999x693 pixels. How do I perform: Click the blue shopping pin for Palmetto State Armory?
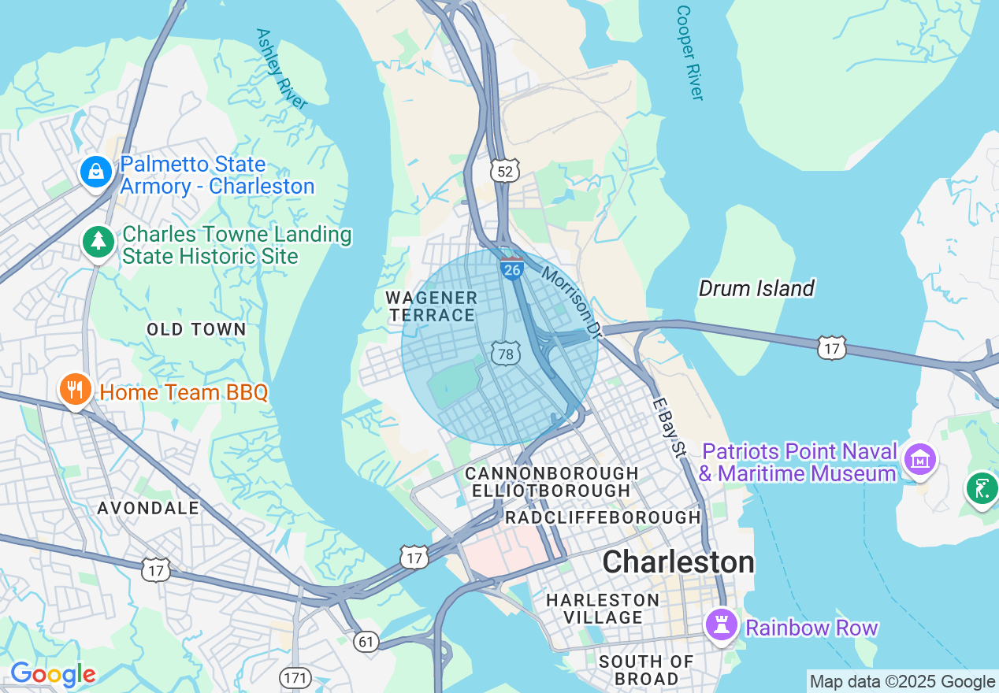[x=95, y=170]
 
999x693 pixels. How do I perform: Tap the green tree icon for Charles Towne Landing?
[x=98, y=241]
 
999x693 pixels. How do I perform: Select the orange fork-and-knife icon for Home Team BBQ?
[x=75, y=389]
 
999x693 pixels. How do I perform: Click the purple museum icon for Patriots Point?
[x=920, y=458]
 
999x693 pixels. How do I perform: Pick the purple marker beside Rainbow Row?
[x=720, y=625]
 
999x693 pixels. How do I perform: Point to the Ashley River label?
[x=280, y=69]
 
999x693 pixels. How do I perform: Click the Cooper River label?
[x=689, y=53]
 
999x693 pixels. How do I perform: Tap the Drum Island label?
[x=756, y=288]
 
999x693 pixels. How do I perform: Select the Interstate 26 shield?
[x=512, y=269]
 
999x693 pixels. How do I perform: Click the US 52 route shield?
[x=505, y=171]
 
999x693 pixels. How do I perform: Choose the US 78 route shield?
[x=506, y=354]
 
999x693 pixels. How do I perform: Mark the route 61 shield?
[x=366, y=642]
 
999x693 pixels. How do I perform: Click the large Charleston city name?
[x=678, y=562]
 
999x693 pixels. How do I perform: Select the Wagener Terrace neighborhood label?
[x=431, y=306]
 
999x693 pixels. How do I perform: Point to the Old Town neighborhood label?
[x=196, y=329]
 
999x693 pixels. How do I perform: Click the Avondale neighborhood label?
[x=148, y=508]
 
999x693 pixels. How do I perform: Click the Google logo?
[x=53, y=675]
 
